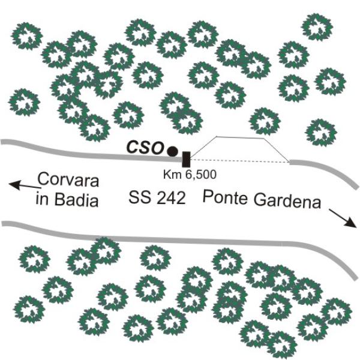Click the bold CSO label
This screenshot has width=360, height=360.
145,148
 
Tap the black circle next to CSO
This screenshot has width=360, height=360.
172,151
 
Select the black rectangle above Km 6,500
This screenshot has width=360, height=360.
186,159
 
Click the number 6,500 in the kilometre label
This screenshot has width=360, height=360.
201,175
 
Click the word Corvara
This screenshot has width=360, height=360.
68,180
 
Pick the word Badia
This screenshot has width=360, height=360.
77,200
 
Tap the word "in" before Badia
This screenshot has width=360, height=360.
42,199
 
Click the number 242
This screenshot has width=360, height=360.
171,198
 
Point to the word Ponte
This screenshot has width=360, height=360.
225,197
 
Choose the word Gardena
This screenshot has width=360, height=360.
287,201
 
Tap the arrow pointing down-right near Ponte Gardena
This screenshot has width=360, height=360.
343,218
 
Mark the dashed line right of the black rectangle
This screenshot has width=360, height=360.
239,160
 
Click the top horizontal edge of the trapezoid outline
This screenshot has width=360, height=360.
240,137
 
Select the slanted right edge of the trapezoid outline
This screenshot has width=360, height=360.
277,150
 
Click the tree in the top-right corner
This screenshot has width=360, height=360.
317,27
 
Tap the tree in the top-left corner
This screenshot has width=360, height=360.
27,36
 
